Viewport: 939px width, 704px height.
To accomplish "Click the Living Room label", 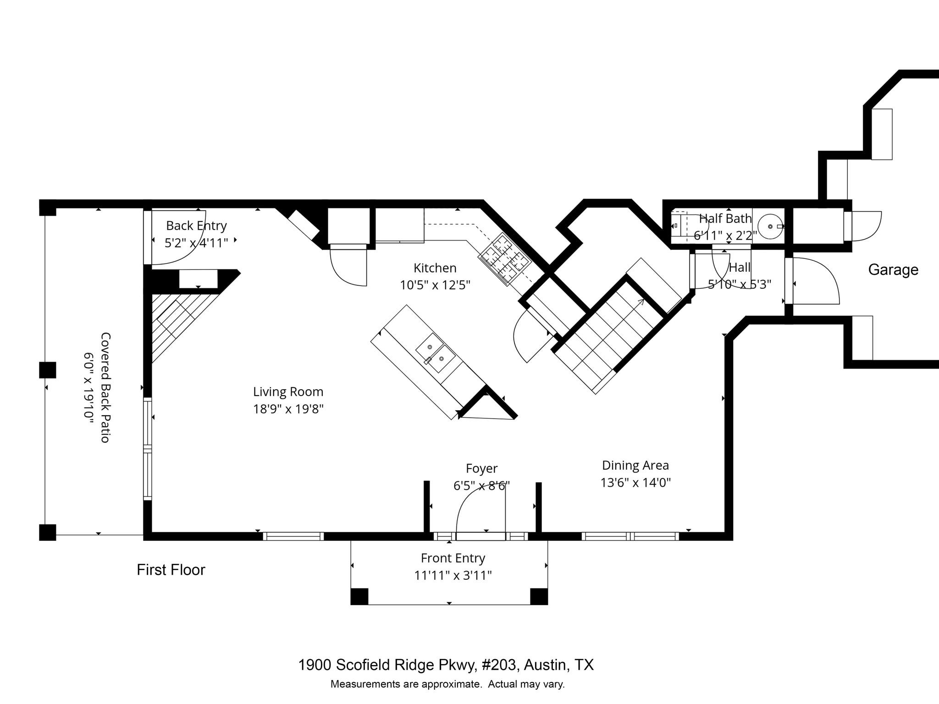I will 288,392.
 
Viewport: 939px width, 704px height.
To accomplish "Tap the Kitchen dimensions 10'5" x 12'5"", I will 435,285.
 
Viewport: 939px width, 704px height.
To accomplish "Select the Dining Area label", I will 635,466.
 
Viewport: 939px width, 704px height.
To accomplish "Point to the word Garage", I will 893,270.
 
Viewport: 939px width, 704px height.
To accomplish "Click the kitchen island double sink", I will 435,353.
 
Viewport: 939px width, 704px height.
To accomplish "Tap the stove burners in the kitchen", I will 504,259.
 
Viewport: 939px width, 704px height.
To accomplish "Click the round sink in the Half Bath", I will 770,226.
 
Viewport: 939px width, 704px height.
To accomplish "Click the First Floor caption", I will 171,570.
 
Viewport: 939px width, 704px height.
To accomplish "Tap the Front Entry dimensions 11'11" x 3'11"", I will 453,575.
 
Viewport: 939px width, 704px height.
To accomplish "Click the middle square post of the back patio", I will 47,370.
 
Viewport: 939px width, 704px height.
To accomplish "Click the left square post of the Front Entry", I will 359,596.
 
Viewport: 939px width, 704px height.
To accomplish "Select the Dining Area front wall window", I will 630,536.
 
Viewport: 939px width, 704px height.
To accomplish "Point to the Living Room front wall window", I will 293,536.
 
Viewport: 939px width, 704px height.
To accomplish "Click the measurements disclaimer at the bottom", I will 447,684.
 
